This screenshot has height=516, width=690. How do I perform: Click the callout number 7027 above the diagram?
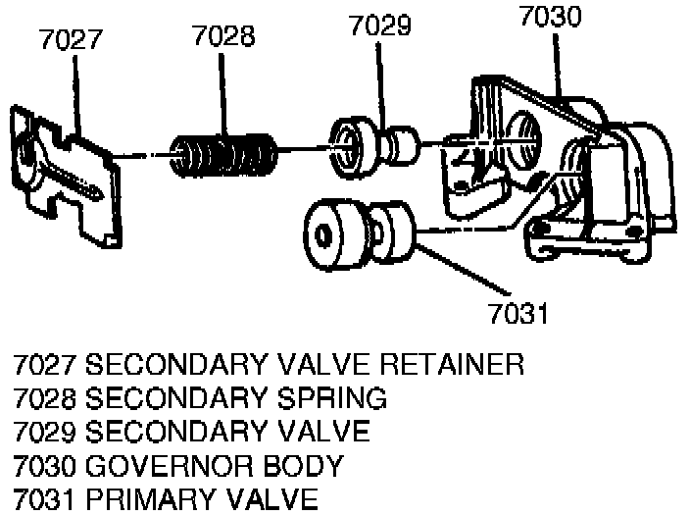[x=70, y=41]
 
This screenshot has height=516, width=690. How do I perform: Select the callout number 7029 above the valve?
[x=379, y=26]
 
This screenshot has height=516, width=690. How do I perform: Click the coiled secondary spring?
[x=224, y=155]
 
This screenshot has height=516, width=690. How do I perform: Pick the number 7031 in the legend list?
[x=45, y=498]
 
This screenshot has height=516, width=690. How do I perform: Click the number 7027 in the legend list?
[x=45, y=366]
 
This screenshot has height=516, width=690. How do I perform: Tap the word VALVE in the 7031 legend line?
[x=271, y=498]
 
